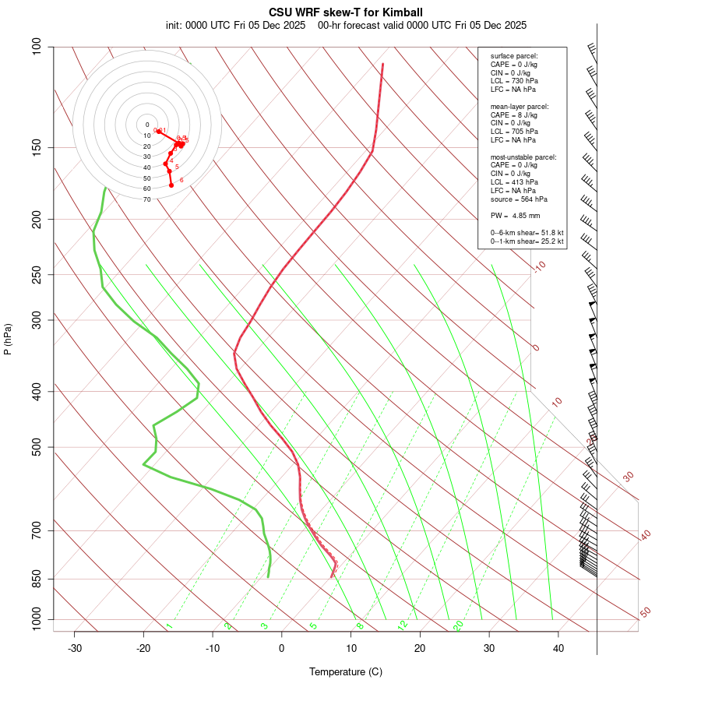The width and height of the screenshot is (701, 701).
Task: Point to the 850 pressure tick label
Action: [37, 579]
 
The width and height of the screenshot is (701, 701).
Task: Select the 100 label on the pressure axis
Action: [37, 47]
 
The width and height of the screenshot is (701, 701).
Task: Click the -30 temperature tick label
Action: [75, 648]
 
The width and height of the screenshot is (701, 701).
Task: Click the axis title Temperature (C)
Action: [346, 671]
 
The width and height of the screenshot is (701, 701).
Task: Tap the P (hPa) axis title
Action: [8, 339]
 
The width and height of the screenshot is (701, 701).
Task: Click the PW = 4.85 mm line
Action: [515, 215]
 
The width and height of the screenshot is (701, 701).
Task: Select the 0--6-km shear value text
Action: [527, 232]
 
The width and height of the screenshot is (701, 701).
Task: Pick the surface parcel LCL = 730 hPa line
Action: [513, 81]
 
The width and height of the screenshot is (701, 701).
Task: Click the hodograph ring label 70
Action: [146, 199]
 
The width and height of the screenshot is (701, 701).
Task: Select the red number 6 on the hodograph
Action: [181, 180]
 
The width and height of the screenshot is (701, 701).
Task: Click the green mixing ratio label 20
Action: [458, 625]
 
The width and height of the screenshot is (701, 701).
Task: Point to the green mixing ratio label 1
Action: [168, 625]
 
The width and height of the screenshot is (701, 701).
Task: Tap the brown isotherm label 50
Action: [645, 613]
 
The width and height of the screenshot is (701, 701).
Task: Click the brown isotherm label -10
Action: [539, 266]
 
